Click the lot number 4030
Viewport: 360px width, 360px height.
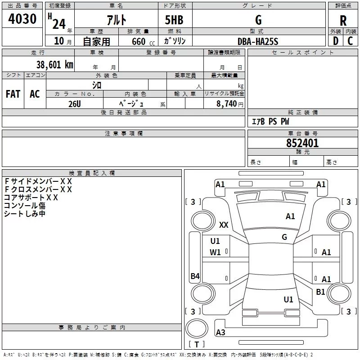22,19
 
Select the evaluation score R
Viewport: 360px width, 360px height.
343,21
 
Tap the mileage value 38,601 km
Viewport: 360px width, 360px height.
54,64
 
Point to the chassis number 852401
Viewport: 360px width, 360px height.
302,143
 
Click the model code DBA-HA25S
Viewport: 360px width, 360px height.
258,41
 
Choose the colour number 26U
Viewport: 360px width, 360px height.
75,103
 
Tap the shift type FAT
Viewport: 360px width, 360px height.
13,94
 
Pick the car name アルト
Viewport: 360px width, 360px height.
116,20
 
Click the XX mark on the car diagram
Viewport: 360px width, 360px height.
224,225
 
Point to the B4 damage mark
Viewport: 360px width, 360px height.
195,276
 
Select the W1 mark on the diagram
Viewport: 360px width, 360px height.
215,252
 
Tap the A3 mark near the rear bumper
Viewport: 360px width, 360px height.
220,333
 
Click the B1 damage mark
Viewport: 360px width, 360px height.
320,292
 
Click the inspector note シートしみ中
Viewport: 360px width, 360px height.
25,214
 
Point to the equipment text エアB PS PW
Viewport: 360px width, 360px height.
270,121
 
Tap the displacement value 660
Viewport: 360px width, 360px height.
139,42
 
